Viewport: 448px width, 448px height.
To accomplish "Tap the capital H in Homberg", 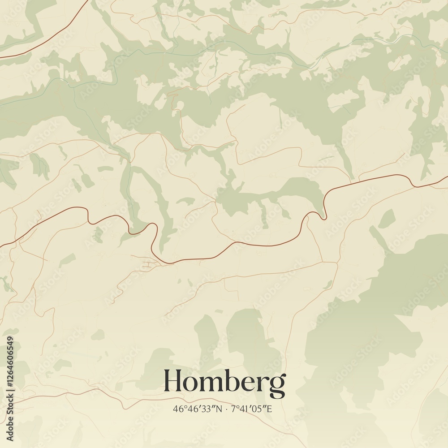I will coord(173,381).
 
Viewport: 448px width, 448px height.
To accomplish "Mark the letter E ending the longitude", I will coord(270,409).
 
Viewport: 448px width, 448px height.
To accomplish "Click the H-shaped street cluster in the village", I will coord(146,264).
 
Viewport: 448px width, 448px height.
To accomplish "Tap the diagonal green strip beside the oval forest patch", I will coord(379,237).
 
